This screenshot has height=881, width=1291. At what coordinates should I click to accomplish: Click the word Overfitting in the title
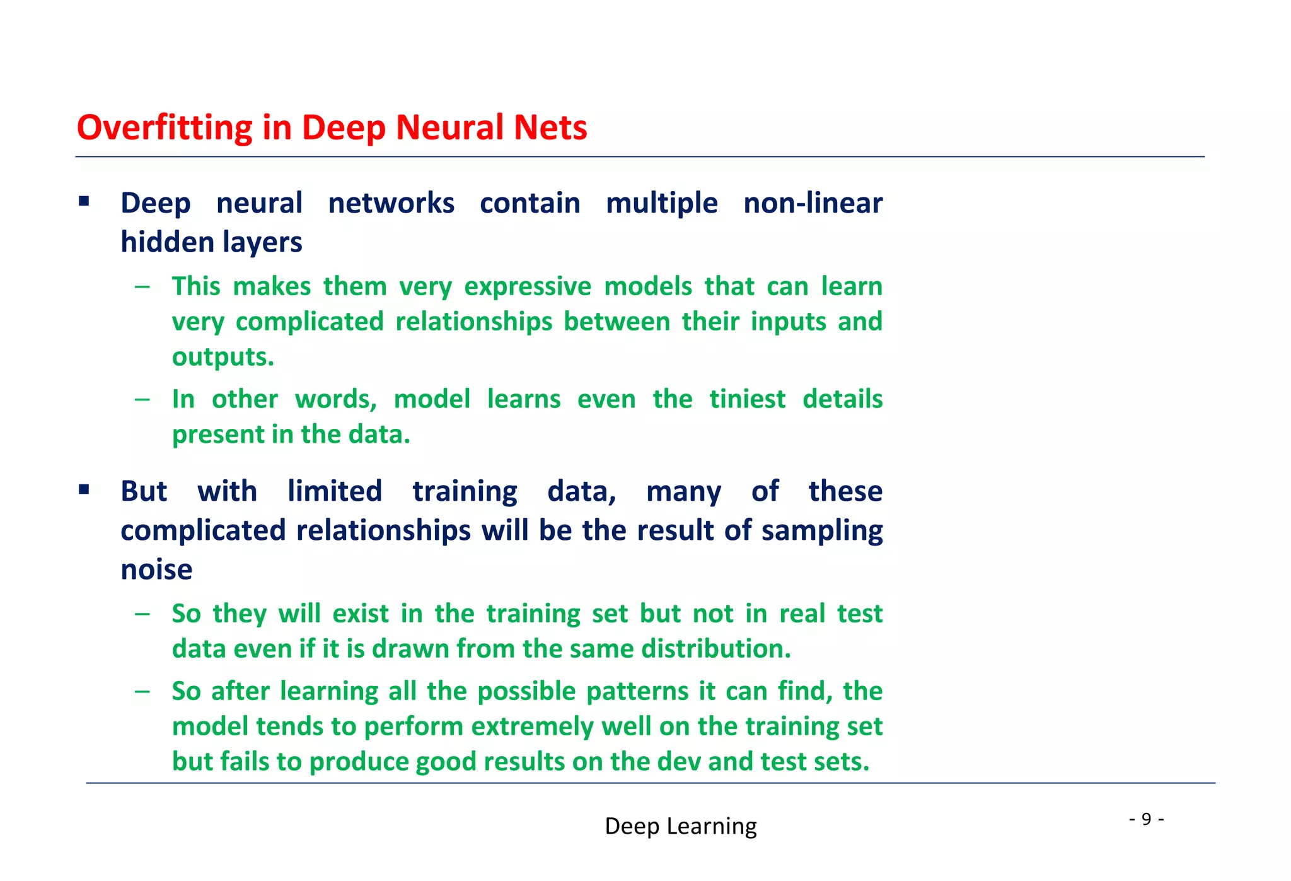pyautogui.click(x=165, y=128)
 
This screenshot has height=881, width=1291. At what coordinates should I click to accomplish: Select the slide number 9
pyautogui.click(x=1146, y=819)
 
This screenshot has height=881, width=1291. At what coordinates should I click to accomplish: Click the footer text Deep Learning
pyautogui.click(x=680, y=826)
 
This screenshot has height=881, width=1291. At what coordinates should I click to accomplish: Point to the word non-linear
pyautogui.click(x=813, y=204)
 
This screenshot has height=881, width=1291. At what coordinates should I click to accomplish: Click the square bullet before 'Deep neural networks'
pyautogui.click(x=84, y=202)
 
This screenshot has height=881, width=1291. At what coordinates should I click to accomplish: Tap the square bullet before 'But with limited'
pyautogui.click(x=84, y=489)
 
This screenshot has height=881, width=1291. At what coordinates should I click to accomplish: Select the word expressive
pyautogui.click(x=528, y=287)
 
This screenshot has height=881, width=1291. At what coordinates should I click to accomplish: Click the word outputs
pyautogui.click(x=223, y=358)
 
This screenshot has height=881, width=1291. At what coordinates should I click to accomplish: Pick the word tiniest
pyautogui.click(x=747, y=399)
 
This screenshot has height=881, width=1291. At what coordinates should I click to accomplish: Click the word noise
pyautogui.click(x=156, y=570)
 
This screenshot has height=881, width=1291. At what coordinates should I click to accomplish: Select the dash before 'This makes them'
pyautogui.click(x=142, y=287)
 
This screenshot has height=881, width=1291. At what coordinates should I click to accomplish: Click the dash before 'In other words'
pyautogui.click(x=142, y=399)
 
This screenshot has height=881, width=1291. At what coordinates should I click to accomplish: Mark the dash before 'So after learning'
pyautogui.click(x=142, y=691)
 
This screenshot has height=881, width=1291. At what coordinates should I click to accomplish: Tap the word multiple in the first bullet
pyautogui.click(x=661, y=204)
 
